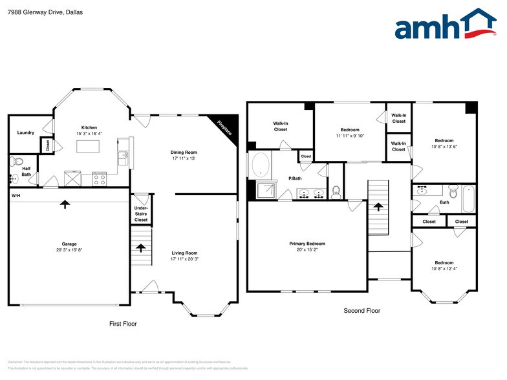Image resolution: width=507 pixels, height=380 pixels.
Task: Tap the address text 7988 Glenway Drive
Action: pos(35,12)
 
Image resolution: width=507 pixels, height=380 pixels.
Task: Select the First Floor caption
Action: pos(123,324)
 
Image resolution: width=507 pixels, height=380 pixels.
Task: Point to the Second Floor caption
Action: pos(361,311)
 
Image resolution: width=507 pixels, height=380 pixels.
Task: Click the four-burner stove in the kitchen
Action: pos(100,179)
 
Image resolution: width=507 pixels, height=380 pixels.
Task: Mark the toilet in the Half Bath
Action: pos(18,162)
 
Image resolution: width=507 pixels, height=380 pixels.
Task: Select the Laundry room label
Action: pos(26,132)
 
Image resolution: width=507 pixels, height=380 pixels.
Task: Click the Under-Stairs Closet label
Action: pos(141,214)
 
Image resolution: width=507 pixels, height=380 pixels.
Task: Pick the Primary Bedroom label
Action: pos(307,244)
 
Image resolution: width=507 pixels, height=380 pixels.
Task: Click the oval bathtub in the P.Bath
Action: pos(261,165)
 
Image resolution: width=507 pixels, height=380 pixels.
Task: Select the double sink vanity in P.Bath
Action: pos(310,193)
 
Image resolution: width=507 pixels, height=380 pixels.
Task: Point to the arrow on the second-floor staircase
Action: pos(379,207)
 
